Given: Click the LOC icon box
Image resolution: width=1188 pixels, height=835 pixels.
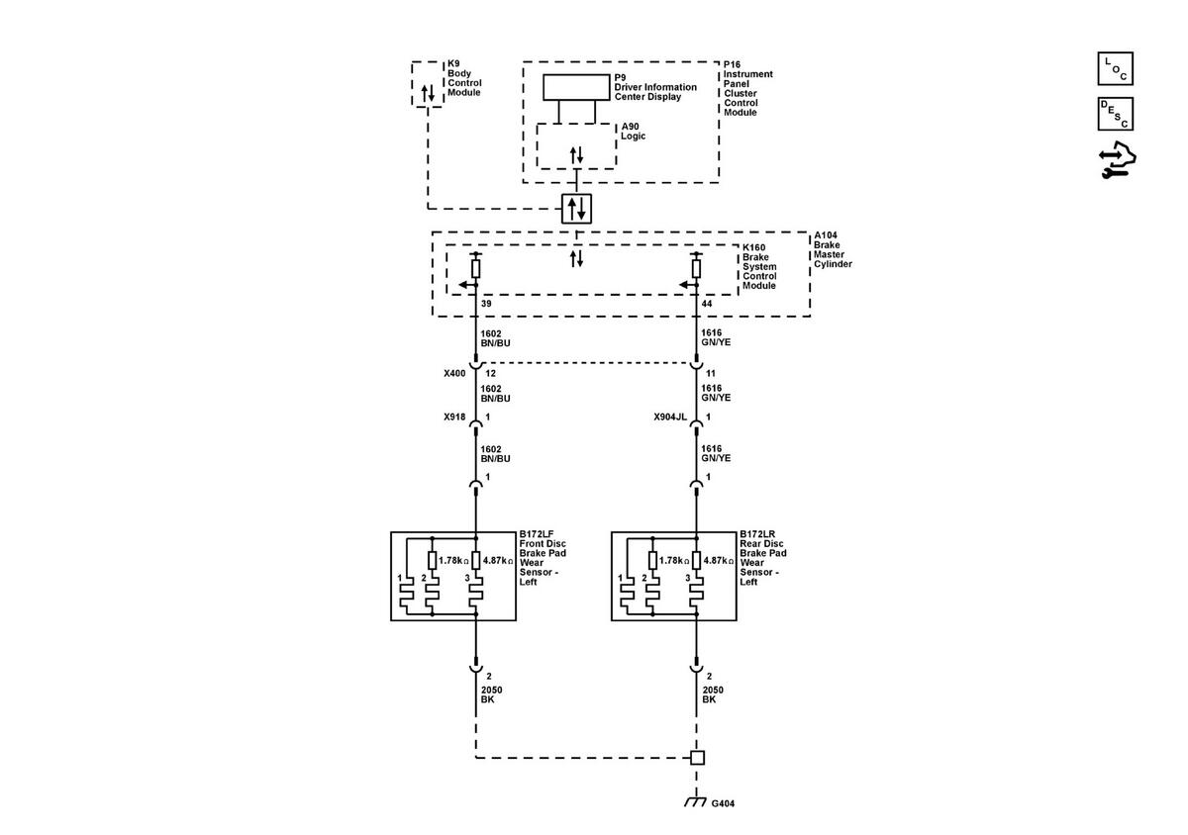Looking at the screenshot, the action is tap(1115, 68).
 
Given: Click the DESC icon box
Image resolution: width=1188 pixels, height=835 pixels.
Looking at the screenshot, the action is tap(1115, 114).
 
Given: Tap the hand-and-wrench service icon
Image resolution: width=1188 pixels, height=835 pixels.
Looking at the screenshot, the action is tap(1117, 159).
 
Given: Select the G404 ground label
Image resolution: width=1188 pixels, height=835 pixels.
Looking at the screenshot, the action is tap(723, 803).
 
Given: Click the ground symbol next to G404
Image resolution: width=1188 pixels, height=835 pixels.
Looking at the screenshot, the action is tap(695, 801).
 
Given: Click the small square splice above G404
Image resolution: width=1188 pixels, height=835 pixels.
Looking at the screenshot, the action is tap(697, 758).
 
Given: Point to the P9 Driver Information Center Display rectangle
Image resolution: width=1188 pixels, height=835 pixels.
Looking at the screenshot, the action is tap(576, 87).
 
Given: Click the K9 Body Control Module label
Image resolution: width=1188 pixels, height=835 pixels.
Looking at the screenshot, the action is tap(464, 78).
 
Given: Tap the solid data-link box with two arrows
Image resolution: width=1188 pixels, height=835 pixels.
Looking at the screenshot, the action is tap(576, 209).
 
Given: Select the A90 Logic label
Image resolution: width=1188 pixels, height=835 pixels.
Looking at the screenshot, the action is tap(634, 131).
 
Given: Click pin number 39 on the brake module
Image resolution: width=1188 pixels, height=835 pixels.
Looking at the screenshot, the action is tap(486, 304).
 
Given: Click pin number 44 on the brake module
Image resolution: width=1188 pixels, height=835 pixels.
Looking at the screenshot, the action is tap(707, 304).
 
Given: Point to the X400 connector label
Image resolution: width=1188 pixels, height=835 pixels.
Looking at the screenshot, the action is tap(454, 373).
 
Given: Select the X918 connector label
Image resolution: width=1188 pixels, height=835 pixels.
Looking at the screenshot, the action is tap(454, 417).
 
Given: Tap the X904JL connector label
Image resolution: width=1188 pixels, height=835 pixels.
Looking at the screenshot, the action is tap(670, 417).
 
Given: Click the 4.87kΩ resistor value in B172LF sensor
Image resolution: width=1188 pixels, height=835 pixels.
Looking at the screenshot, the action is tap(498, 560).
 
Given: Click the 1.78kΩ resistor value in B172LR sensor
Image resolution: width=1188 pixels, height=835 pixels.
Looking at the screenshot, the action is tap(674, 560).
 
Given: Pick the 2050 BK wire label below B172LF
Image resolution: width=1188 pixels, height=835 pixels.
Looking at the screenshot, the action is tap(492, 695).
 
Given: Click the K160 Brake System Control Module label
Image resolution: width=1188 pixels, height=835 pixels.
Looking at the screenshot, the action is tap(759, 267).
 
